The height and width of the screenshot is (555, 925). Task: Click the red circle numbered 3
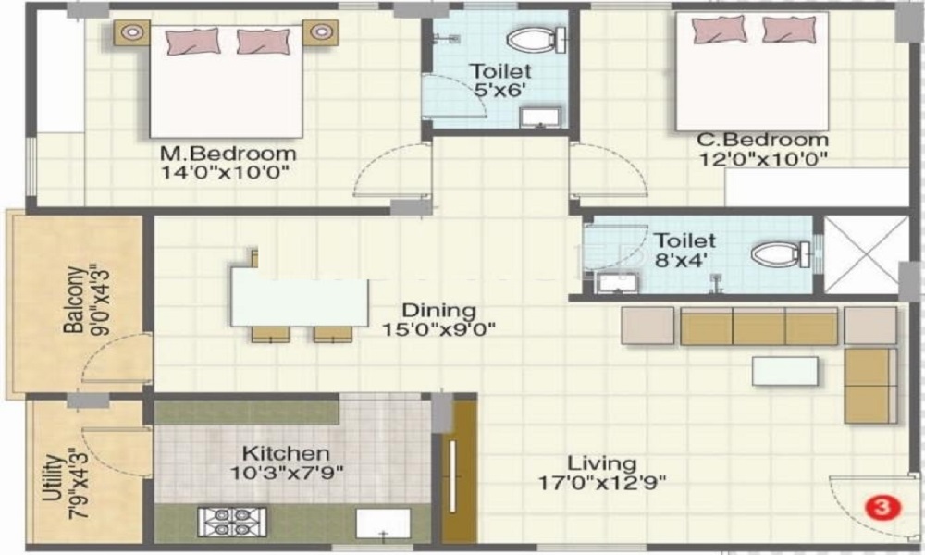pos(882,507)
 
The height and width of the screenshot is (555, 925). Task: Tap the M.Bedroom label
pos(228,153)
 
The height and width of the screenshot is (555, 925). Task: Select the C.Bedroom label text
pos(763,141)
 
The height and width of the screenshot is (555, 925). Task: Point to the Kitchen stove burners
pos(231,522)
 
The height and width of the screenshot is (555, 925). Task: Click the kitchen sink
pos(384,524)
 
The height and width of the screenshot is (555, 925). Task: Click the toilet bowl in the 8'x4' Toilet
pos(775,254)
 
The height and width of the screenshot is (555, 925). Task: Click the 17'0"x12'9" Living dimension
pos(602,482)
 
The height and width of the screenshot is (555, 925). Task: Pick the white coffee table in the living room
pos(784,370)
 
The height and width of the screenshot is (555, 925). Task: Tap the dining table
pos(290,296)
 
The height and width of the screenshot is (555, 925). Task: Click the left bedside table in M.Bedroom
pos(132,32)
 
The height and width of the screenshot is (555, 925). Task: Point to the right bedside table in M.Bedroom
pos(320,32)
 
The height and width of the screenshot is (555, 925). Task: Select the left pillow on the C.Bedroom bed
pos(714,30)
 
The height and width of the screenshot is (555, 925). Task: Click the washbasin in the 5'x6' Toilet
pos(539,117)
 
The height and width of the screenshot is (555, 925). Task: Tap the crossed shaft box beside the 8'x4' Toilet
pos(866,253)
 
